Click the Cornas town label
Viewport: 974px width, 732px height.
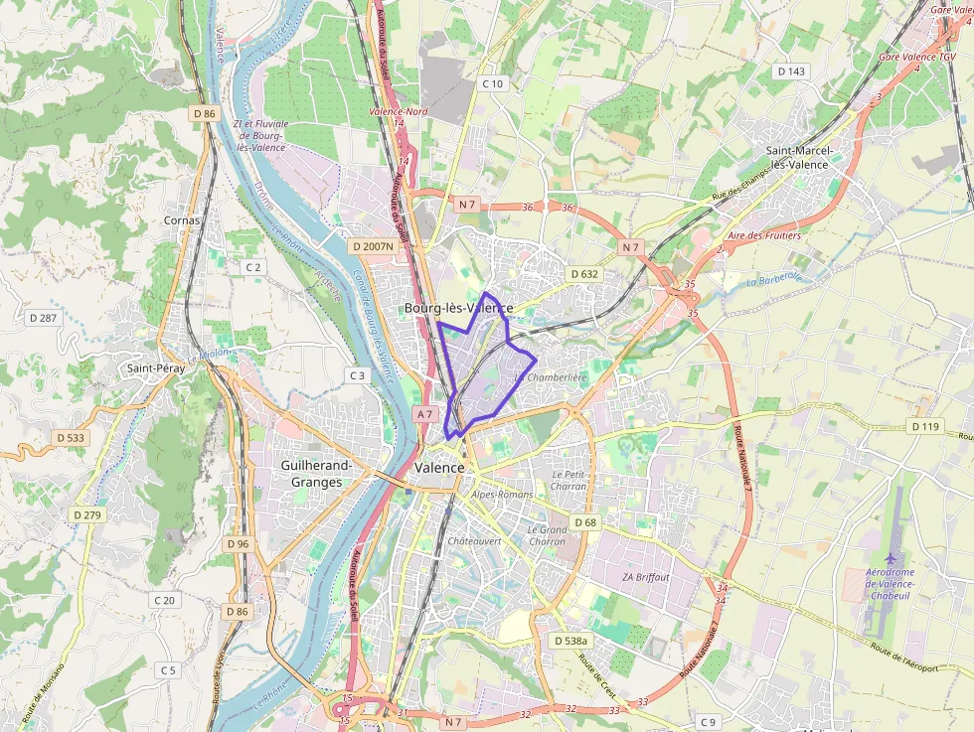coord(182,220)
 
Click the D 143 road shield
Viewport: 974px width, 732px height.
coord(792,72)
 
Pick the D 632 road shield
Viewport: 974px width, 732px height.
coord(584,273)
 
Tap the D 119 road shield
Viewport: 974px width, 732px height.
coord(924,426)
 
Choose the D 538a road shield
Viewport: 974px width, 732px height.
coord(569,642)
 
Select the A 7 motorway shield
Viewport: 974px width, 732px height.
coord(425,414)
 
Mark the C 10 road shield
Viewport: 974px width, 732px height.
coord(493,83)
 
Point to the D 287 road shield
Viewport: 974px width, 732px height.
coord(44,318)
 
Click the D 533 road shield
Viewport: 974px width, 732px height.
coord(71,437)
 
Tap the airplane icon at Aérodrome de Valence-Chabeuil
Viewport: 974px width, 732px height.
coord(891,561)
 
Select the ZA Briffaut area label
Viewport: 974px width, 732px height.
coord(646,577)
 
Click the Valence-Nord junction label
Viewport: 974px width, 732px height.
coord(399,112)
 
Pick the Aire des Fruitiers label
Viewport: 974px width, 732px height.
coord(764,236)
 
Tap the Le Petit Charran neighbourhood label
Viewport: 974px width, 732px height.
coord(568,481)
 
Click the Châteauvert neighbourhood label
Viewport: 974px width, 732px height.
coord(473,541)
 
